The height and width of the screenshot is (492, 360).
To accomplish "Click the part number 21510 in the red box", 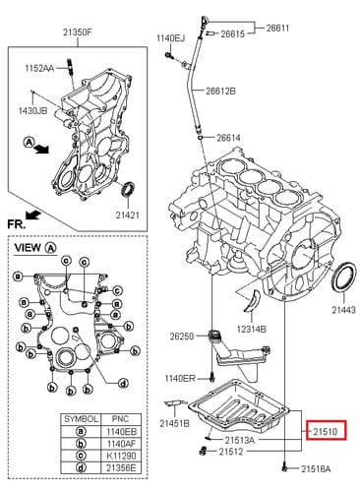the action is click(x=325, y=432).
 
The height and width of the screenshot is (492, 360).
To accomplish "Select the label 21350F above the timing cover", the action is click(x=78, y=32).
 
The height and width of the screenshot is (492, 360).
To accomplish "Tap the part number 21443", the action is click(x=343, y=310).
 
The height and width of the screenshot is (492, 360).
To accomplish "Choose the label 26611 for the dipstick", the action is click(x=277, y=28).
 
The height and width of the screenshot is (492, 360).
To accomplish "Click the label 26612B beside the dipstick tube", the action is click(x=220, y=91).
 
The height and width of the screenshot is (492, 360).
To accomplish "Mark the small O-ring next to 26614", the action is click(x=201, y=137).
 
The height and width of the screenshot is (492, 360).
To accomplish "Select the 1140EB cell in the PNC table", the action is click(x=121, y=431).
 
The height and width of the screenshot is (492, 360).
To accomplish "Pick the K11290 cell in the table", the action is click(x=121, y=456).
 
